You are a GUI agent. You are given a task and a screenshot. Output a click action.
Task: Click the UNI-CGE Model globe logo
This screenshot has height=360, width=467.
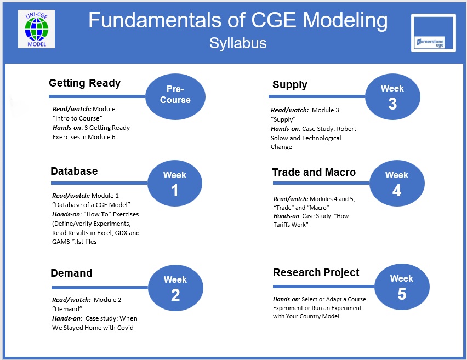pyautogui.click(x=36, y=29)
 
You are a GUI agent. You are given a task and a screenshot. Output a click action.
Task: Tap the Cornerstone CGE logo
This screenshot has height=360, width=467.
pyautogui.click(x=434, y=33)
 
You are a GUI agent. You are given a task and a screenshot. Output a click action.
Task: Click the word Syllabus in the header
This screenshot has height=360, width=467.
pyautogui.click(x=238, y=43)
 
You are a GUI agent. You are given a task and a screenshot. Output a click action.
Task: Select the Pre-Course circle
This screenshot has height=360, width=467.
pyautogui.click(x=175, y=96)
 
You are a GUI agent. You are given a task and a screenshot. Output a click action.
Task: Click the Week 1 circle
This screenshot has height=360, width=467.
pyautogui.click(x=175, y=183)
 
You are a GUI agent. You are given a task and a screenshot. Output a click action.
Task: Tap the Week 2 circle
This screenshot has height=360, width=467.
pyautogui.click(x=175, y=288)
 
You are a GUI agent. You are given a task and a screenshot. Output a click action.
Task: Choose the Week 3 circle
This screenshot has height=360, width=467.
pyautogui.click(x=392, y=96)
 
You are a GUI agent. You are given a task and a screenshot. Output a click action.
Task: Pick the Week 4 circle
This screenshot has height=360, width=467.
pyautogui.click(x=397, y=183)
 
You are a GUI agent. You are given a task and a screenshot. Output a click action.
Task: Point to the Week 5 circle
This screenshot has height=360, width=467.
pyautogui.click(x=402, y=287)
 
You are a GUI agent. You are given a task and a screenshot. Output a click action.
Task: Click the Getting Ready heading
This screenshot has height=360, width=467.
pyautogui.click(x=84, y=83)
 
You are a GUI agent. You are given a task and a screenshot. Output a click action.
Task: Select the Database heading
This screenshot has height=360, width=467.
pyautogui.click(x=74, y=171)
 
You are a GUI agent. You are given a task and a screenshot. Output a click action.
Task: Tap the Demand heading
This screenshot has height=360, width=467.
pyautogui.click(x=71, y=273)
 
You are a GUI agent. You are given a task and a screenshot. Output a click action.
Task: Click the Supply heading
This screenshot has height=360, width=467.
pyautogui.click(x=290, y=85)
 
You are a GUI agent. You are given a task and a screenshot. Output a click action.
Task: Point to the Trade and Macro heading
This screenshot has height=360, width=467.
pyautogui.click(x=314, y=173)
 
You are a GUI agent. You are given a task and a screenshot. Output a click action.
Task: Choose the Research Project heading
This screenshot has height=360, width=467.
pyautogui.click(x=316, y=273)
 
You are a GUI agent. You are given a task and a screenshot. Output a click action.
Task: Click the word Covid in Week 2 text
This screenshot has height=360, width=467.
pyautogui.click(x=125, y=328)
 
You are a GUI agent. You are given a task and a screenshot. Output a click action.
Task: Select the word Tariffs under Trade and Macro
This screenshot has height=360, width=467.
pyautogui.click(x=281, y=225)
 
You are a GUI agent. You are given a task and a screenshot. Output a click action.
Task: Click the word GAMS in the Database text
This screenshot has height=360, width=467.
pyautogui.click(x=61, y=242)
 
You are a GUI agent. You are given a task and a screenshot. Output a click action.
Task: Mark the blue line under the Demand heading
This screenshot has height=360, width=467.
pyautogui.click(x=100, y=288)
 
